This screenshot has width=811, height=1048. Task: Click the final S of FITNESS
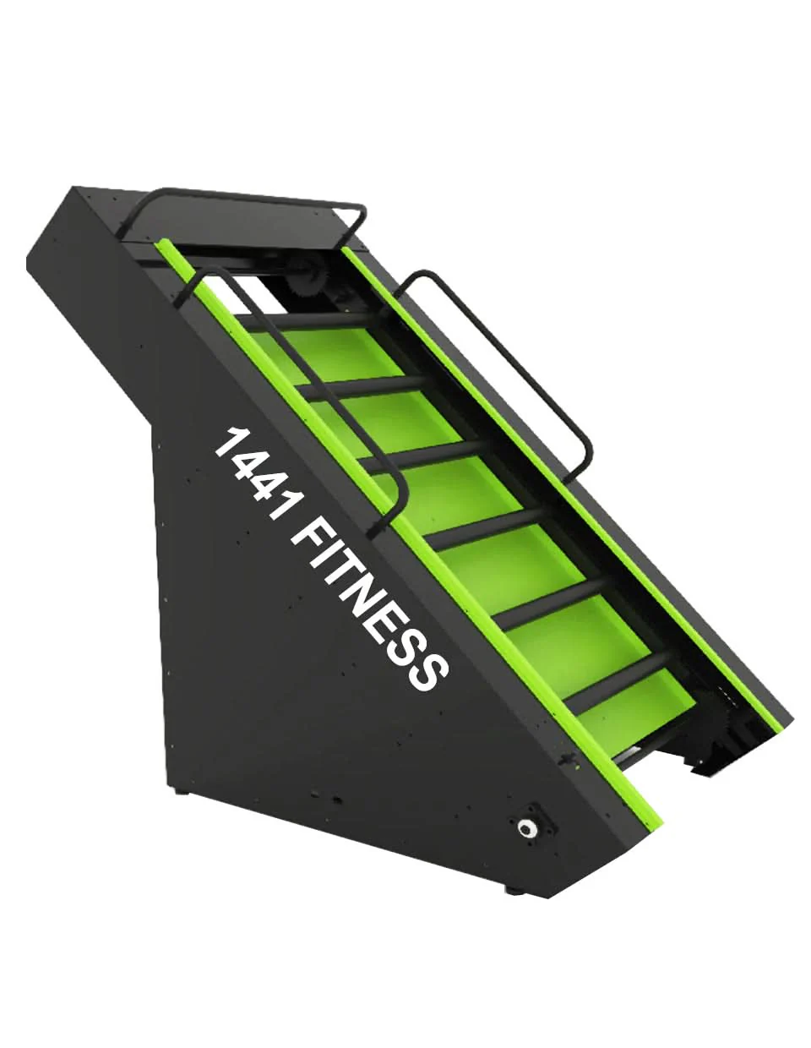(x=424, y=666)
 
